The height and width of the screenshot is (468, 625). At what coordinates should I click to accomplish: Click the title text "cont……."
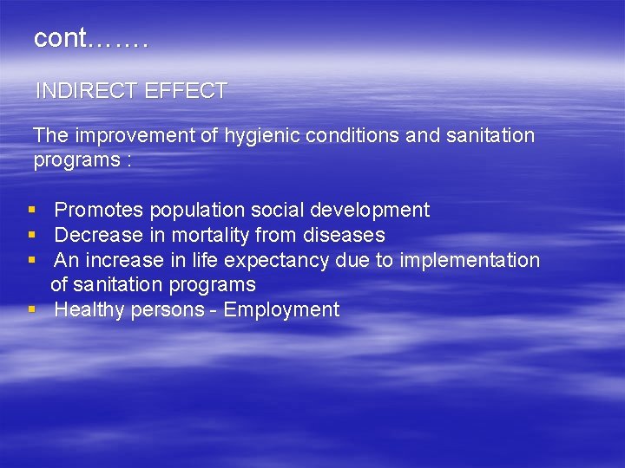pyautogui.click(x=91, y=39)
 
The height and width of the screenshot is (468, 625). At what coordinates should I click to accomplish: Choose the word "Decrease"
pyautogui.click(x=98, y=236)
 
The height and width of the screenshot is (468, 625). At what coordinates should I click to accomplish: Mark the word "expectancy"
pyautogui.click(x=277, y=261)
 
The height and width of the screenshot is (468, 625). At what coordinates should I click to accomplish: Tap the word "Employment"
pyautogui.click(x=281, y=310)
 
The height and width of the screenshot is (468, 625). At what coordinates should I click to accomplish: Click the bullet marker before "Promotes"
pyautogui.click(x=31, y=211)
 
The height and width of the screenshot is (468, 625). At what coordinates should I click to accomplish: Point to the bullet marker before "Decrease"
pyautogui.click(x=31, y=236)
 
